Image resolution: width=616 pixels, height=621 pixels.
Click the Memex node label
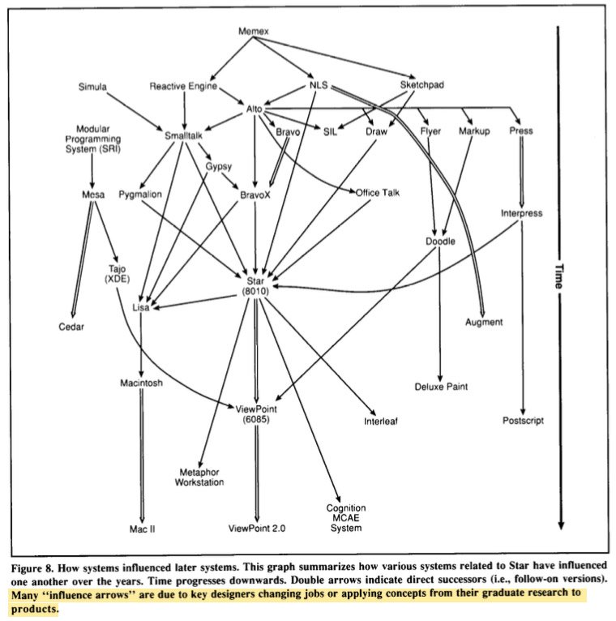(252, 32)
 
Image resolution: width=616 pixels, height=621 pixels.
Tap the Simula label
(92, 87)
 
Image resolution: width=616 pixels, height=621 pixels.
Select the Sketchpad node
(422, 85)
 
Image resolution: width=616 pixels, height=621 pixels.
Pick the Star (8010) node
(257, 285)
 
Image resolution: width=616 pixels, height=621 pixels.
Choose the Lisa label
(143, 307)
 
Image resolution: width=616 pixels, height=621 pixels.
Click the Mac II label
(143, 527)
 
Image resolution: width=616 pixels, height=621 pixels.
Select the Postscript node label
(523, 421)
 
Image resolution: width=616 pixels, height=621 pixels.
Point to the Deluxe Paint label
(441, 387)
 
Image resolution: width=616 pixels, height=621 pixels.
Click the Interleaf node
(381, 421)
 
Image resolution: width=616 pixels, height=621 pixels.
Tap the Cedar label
(71, 328)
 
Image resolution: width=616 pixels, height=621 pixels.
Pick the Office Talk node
(378, 192)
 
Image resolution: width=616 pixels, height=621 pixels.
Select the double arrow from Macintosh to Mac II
(143, 454)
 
